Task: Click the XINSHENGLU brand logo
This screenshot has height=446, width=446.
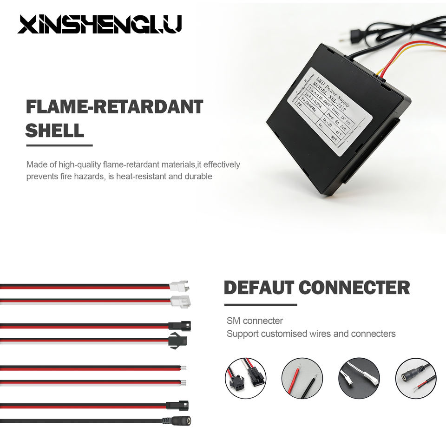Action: click(x=99, y=24)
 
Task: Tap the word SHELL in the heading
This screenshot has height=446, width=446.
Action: click(x=55, y=131)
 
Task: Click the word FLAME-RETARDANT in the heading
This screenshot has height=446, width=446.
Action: click(x=114, y=107)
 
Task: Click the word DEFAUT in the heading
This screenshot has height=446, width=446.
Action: click(x=258, y=288)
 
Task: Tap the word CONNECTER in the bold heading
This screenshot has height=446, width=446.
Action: click(x=354, y=288)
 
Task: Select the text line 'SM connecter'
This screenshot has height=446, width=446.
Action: click(x=255, y=321)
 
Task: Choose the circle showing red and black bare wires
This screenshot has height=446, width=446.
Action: click(x=302, y=378)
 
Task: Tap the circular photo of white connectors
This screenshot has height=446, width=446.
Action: click(x=359, y=378)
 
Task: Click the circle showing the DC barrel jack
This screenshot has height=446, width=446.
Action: click(x=415, y=378)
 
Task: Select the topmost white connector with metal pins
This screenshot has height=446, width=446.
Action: click(x=179, y=285)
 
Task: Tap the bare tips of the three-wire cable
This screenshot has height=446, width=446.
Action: click(x=184, y=383)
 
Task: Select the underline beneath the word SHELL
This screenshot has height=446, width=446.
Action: click(x=59, y=145)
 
